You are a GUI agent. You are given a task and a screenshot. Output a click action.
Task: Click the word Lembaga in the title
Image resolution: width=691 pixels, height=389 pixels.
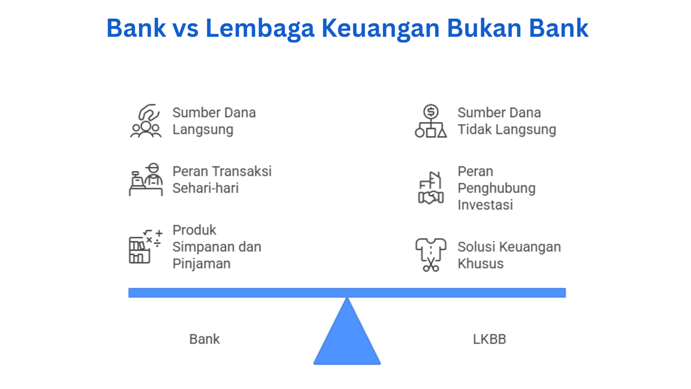(260, 29)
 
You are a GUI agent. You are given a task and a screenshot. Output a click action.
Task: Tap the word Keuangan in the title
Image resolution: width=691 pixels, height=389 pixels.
(381, 29)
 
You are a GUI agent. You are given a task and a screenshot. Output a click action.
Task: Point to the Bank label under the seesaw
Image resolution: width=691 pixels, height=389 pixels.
(204, 339)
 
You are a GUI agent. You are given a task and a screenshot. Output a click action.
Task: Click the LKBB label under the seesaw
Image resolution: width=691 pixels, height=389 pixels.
(489, 339)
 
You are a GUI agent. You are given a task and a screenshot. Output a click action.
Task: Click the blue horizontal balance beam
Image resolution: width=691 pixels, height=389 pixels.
(347, 293)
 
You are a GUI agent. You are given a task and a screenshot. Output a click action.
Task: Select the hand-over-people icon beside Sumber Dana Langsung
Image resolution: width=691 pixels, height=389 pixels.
(146, 120)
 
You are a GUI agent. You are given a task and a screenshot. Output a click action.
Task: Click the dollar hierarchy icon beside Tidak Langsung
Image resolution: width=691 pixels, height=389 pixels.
(431, 120)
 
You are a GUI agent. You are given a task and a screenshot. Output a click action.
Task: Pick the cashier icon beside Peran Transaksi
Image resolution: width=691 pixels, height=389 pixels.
(146, 180)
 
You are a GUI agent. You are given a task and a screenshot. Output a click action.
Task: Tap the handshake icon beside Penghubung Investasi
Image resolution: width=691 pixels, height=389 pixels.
(431, 188)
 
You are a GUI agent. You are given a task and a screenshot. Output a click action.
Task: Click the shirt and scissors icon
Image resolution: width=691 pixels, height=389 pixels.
(431, 255)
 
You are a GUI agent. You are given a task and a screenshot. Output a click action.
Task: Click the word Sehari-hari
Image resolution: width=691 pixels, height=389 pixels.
(206, 188)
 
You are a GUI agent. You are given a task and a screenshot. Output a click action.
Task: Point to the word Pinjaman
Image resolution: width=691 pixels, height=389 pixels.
(201, 264)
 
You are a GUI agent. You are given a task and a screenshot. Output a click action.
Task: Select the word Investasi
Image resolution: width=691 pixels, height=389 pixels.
(485, 205)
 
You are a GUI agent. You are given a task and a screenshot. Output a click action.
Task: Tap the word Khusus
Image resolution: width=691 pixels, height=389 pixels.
(480, 264)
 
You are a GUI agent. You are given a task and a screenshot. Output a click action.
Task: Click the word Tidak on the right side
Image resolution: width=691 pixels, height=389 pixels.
(475, 129)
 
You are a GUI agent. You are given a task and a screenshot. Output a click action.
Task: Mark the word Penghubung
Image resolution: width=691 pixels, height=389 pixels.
(497, 189)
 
